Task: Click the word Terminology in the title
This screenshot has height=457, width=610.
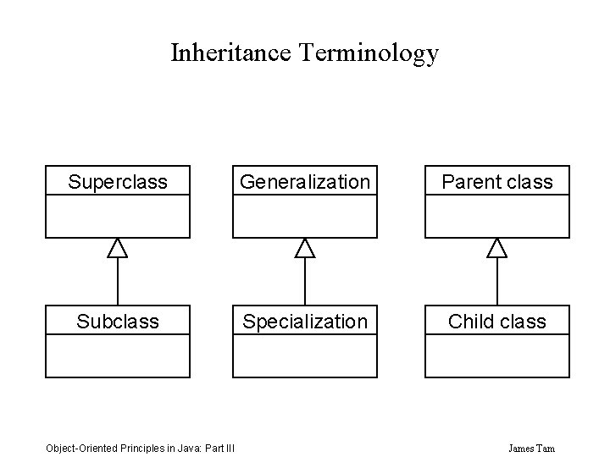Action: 369,53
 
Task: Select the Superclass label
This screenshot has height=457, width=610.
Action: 118,182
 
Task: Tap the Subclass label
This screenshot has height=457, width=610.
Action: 118,322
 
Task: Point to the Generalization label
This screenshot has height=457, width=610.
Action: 305,182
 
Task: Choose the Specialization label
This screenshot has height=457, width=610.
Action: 305,322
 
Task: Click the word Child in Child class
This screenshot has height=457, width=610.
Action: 473,322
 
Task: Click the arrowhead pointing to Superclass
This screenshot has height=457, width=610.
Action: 118,247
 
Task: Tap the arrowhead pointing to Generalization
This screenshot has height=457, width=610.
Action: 305,247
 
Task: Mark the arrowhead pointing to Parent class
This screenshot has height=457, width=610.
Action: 497,247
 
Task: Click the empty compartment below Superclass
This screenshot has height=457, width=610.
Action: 118,216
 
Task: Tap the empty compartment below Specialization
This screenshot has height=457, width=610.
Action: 305,355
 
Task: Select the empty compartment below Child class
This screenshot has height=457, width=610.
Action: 497,355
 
